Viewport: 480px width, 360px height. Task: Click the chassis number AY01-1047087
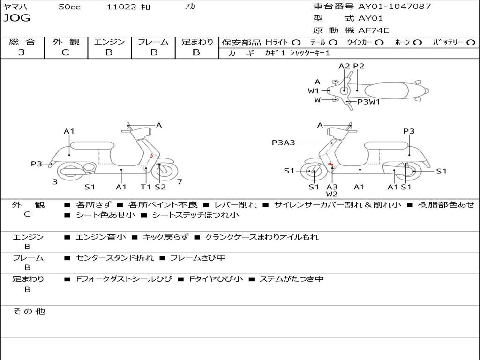pos(394,7)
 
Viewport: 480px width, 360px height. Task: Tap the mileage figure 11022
pos(121,7)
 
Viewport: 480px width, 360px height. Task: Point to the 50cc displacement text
pos(69,7)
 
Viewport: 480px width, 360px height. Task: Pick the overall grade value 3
pos(22,52)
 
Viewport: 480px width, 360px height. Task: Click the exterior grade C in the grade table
pos(65,52)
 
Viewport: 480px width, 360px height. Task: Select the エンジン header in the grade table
pos(109,42)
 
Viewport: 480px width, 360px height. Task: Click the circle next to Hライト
pos(296,42)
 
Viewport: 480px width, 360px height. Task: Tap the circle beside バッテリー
pos(471,42)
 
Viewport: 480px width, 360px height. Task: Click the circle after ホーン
pos(417,42)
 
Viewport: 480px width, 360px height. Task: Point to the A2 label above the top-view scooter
pos(344,66)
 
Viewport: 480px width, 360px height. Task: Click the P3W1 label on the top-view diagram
pos(368,101)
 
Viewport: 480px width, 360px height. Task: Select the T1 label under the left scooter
pos(146,187)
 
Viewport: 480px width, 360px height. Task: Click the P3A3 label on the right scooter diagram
pos(283,143)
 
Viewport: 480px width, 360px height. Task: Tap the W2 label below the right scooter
pos(332,194)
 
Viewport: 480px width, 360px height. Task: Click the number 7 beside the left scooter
pos(180,182)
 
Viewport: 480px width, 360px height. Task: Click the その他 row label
pos(29,311)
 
